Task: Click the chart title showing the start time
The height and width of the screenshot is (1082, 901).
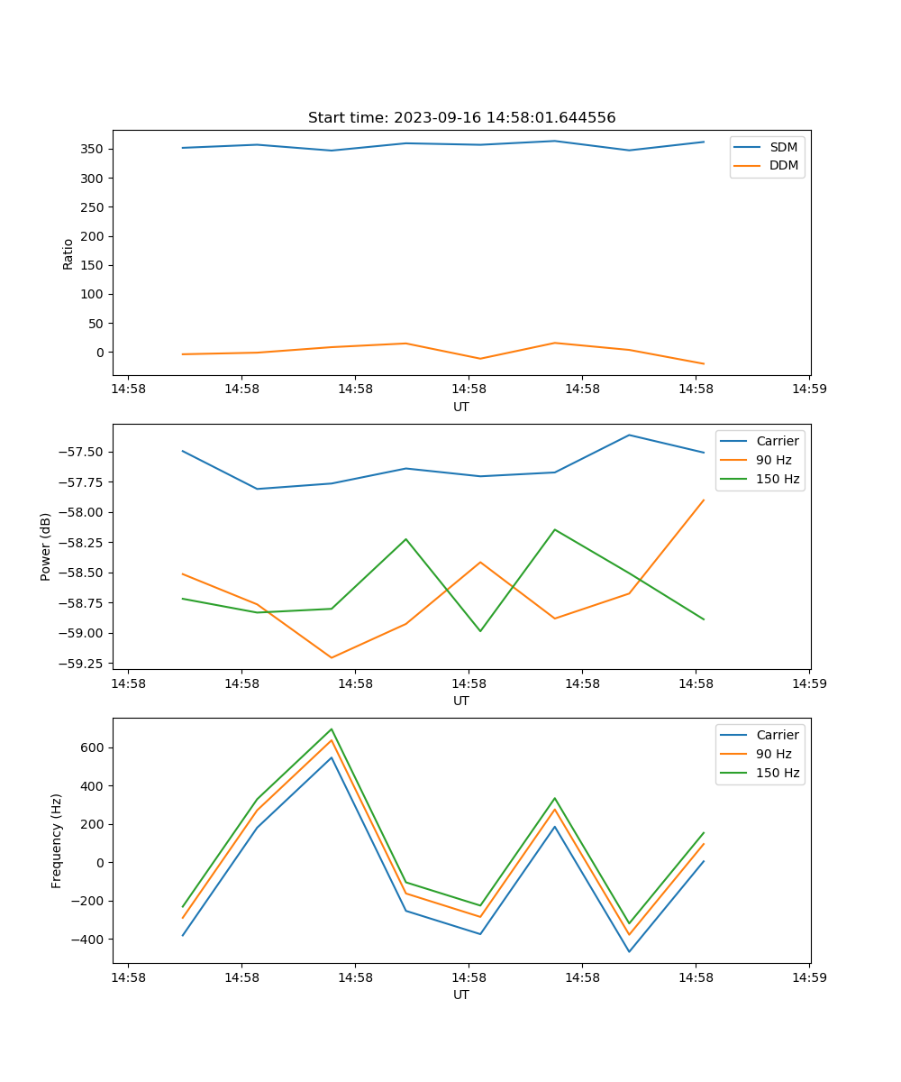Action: tap(461, 118)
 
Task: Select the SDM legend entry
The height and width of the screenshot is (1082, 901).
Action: tap(783, 146)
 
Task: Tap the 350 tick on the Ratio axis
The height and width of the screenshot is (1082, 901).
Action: tap(93, 149)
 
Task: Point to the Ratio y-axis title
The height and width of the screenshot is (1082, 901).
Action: tap(68, 254)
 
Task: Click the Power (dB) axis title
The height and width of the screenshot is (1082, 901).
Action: tap(46, 547)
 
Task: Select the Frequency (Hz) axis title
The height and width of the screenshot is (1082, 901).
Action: tap(57, 840)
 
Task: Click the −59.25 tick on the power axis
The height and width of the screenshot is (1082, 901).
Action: tap(81, 664)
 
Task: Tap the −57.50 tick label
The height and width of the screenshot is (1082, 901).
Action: tap(81, 452)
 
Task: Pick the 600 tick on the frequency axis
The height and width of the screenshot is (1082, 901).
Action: tap(92, 747)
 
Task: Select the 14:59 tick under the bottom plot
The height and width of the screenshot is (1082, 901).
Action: tap(808, 977)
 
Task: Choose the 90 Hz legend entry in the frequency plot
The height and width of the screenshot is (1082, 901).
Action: tap(774, 754)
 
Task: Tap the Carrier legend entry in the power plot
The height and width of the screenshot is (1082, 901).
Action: tap(777, 441)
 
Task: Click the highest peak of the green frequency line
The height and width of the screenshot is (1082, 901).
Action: tap(332, 729)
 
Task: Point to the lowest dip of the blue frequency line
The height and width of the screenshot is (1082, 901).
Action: tap(629, 951)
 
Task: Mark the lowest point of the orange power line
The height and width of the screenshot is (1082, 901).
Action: tap(332, 657)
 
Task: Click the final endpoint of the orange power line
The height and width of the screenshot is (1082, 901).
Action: tap(704, 500)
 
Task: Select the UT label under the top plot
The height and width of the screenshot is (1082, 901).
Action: tap(461, 407)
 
